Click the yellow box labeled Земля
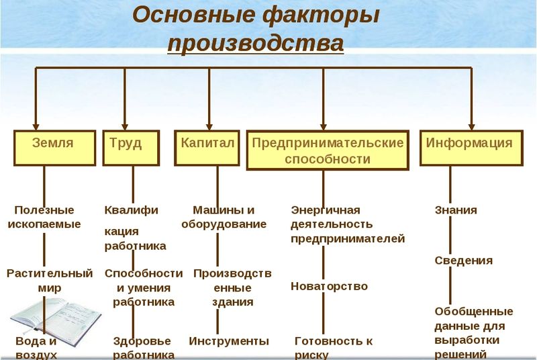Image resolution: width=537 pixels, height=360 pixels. pyautogui.click(x=53, y=148)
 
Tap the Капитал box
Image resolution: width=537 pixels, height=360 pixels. pyautogui.click(x=207, y=148)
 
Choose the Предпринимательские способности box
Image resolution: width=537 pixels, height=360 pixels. pyautogui.click(x=328, y=150)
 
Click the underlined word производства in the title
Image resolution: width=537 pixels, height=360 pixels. pyautogui.click(x=255, y=44)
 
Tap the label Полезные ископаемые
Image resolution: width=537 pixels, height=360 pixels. pyautogui.click(x=44, y=217)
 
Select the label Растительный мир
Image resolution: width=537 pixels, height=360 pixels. pyautogui.click(x=49, y=281)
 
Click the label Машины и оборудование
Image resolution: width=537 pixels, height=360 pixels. pyautogui.click(x=224, y=217)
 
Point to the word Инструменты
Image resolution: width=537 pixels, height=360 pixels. pyautogui.click(x=229, y=341)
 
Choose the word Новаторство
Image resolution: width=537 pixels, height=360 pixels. pyautogui.click(x=329, y=286)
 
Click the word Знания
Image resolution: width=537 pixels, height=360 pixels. pyautogui.click(x=456, y=210)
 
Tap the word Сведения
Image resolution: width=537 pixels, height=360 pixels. pyautogui.click(x=463, y=261)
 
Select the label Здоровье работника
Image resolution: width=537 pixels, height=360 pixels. pyautogui.click(x=142, y=348)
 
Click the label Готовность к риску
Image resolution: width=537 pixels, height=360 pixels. pyautogui.click(x=333, y=347)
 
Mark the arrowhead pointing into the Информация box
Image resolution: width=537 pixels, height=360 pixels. pyautogui.click(x=471, y=125)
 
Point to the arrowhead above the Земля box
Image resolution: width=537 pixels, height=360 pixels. pyautogui.click(x=36, y=125)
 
